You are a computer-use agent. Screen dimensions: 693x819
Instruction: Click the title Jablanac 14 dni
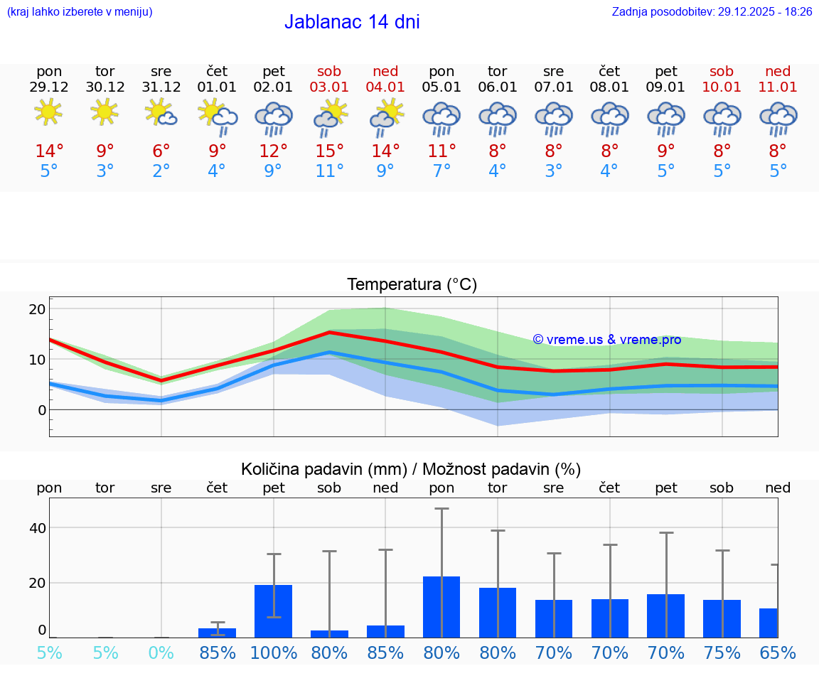352,22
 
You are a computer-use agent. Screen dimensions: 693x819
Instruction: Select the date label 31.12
161,87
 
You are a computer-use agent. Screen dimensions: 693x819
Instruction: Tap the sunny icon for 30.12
105,112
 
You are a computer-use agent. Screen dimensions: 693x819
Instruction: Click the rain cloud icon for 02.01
274,119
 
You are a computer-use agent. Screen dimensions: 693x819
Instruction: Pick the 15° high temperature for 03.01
330,151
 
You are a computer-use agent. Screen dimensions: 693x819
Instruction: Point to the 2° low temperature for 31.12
161,171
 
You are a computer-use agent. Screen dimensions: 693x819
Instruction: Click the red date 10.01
722,87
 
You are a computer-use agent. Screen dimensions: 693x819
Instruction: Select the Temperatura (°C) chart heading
412,285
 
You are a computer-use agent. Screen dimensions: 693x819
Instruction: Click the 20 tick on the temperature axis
37,309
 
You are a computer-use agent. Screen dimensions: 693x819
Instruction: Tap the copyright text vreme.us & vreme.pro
607,340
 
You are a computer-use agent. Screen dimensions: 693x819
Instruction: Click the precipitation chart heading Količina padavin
411,469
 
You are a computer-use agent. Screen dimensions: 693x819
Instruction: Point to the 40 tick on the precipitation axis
37,528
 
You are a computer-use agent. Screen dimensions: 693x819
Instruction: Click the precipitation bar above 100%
274,611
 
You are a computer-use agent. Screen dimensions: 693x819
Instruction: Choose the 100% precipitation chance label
274,653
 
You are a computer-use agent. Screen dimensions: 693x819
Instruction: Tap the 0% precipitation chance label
161,653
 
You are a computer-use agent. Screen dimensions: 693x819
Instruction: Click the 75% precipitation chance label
722,653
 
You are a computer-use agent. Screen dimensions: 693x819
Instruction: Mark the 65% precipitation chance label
778,653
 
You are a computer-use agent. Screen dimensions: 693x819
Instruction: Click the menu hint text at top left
80,12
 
